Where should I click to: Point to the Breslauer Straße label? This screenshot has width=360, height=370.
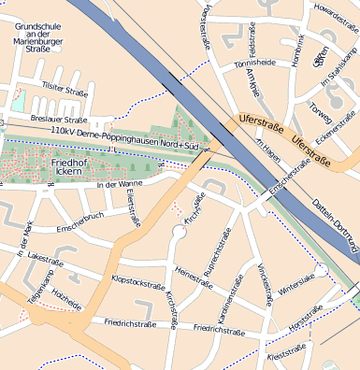[58, 120]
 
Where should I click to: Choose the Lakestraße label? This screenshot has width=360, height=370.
[47, 254]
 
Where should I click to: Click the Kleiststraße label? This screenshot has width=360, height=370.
[287, 357]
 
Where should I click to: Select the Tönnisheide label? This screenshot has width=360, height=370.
[254, 64]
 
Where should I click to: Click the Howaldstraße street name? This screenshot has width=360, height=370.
[338, 10]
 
